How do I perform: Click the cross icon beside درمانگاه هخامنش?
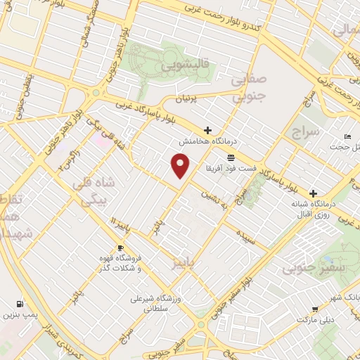point(207,130)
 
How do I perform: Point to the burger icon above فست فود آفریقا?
point(231,158)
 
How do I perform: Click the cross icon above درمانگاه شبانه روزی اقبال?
point(313,193)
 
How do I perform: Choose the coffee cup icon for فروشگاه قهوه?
point(120,248)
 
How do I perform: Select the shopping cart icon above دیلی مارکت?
point(314,308)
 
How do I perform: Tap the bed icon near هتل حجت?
point(347,136)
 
